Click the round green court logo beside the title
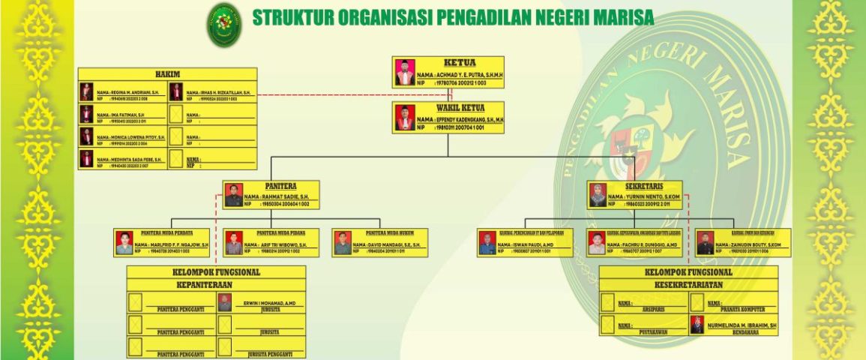(224, 25)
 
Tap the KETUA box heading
(460, 62)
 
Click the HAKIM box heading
(167, 73)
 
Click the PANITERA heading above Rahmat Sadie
(280, 186)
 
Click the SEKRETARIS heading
(646, 186)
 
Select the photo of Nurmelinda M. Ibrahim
(697, 325)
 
